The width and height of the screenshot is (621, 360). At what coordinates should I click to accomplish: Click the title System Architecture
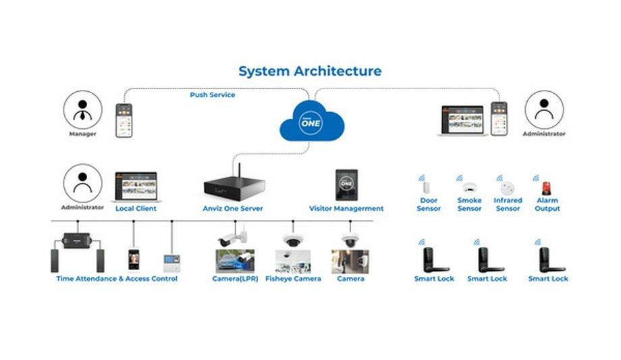310,71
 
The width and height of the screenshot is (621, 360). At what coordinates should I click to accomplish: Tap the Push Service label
212,95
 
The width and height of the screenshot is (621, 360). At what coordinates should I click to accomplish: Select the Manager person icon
82,110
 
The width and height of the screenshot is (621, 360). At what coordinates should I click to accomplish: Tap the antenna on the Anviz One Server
237,167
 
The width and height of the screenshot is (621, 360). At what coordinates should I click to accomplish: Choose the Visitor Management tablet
346,184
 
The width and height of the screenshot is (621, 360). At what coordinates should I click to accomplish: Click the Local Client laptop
136,187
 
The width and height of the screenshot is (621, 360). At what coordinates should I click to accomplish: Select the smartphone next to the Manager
124,121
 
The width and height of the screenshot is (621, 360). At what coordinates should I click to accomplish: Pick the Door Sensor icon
427,187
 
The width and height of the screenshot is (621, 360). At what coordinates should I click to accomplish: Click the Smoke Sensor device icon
469,187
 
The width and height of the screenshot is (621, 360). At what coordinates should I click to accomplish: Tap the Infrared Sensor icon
508,187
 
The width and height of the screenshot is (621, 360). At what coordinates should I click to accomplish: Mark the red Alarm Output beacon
546,187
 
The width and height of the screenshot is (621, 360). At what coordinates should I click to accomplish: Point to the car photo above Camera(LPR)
234,261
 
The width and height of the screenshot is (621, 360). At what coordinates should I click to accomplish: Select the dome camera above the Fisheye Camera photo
292,240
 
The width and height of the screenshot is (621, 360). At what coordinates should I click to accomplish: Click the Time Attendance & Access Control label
117,279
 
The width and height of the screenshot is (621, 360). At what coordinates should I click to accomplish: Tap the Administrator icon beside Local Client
82,183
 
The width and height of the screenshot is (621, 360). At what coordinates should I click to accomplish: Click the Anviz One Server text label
233,209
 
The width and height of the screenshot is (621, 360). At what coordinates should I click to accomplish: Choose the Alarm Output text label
547,205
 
